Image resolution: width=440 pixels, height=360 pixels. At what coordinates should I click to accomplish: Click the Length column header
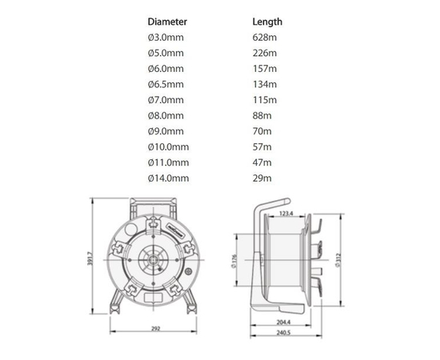[x=266, y=22]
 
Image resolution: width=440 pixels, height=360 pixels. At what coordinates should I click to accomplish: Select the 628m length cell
[x=263, y=38]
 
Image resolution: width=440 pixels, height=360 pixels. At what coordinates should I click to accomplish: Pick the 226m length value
[x=263, y=54]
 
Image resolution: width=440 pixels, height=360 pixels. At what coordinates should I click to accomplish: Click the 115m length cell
[x=263, y=100]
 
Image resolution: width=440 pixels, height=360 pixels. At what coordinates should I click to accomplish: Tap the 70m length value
[x=262, y=131]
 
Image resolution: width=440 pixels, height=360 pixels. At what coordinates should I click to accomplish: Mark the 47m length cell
[x=262, y=162]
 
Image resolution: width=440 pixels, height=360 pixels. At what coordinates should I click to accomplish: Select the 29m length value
[x=262, y=178]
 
